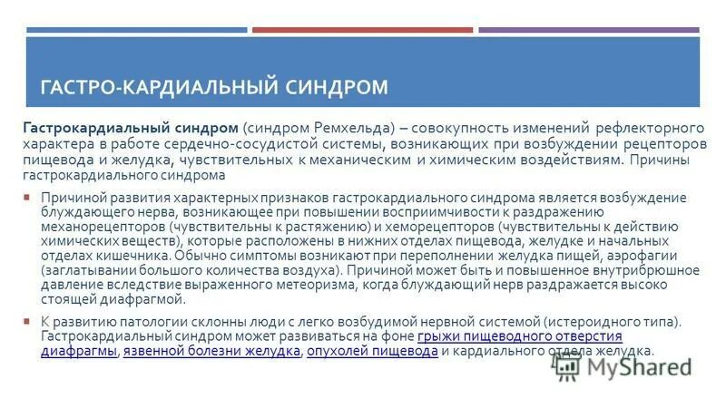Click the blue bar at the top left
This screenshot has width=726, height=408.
pos(136,30)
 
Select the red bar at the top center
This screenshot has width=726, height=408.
pos(362,30)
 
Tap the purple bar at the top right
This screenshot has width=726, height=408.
pos(591,30)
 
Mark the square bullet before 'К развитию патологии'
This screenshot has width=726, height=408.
pos(28,322)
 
